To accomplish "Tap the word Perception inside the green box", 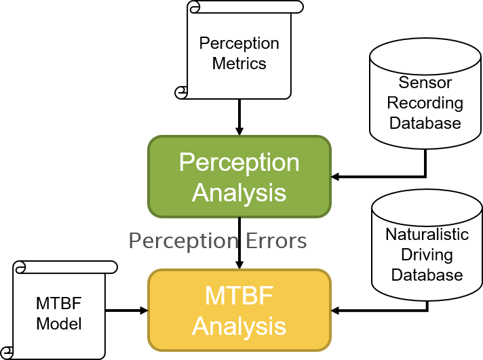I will pyautogui.click(x=239, y=163).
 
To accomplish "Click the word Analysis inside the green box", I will pyautogui.click(x=239, y=193).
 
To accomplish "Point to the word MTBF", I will pyautogui.click(x=239, y=296).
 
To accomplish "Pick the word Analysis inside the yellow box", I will pyautogui.click(x=239, y=326).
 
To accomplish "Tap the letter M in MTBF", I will pyautogui.click(x=215, y=296).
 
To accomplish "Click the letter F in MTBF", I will pyautogui.click(x=266, y=296).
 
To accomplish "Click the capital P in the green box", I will pyautogui.click(x=187, y=163).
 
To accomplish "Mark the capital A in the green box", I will pyautogui.click(x=201, y=193).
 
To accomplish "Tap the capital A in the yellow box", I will pyautogui.click(x=201, y=326).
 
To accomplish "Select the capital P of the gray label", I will pyautogui.click(x=134, y=241).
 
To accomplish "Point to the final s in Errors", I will pyautogui.click(x=303, y=243).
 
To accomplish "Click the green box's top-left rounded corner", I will pyautogui.click(x=153, y=140).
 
